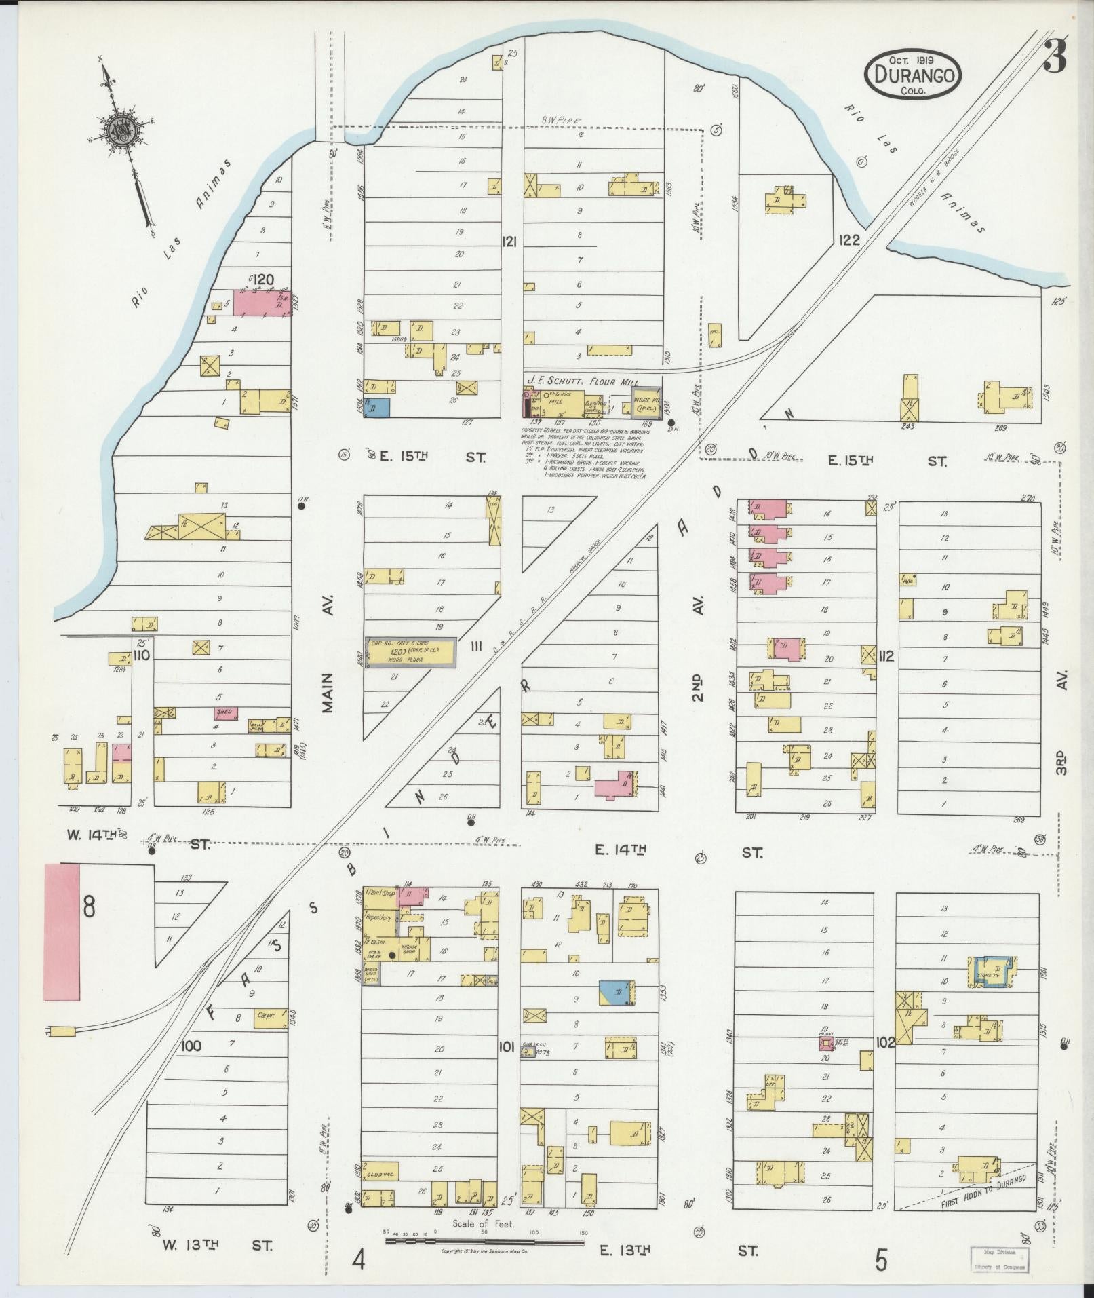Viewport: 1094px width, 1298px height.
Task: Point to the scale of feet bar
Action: [x=484, y=1241]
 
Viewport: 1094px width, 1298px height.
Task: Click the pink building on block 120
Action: [x=262, y=302]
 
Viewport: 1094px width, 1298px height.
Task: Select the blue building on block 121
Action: [x=377, y=406]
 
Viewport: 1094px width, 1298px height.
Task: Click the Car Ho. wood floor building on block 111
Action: [x=410, y=653]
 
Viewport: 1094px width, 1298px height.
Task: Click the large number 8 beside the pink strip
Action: [x=89, y=906]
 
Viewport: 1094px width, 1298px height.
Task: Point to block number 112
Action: [x=885, y=656]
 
